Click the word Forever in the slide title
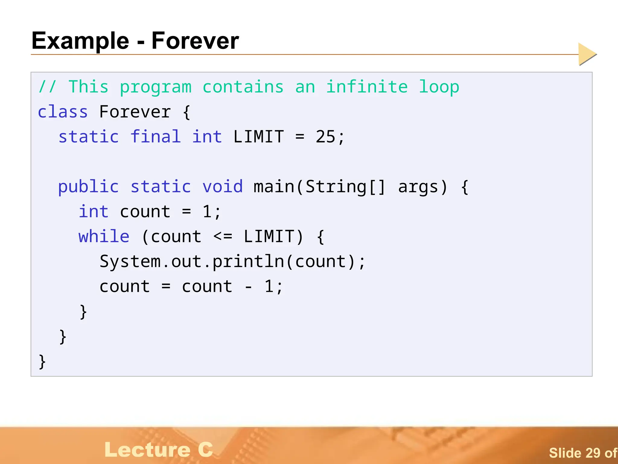[195, 41]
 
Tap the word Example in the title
[80, 41]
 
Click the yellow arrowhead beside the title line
[587, 54]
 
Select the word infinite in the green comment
[367, 87]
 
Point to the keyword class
[63, 112]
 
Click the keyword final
[156, 137]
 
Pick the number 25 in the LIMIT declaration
[325, 137]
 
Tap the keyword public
[88, 187]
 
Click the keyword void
[222, 186]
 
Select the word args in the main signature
[418, 187]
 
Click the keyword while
[104, 236]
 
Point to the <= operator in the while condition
[223, 236]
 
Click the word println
[248, 262]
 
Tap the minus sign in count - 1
[248, 287]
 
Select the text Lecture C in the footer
[159, 449]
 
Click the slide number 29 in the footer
[592, 453]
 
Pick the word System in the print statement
[130, 261]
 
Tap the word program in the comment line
[156, 87]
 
